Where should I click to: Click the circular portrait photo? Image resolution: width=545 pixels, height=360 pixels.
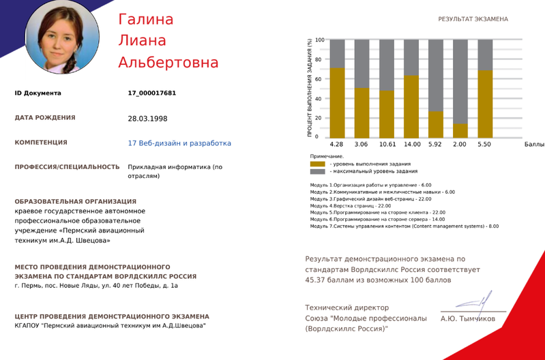pyautogui.click(x=61, y=37)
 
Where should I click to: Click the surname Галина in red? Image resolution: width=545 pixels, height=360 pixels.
pyautogui.click(x=146, y=19)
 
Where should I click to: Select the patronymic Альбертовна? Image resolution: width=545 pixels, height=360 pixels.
pyautogui.click(x=168, y=63)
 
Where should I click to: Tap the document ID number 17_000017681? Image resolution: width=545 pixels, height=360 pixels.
pyautogui.click(x=152, y=93)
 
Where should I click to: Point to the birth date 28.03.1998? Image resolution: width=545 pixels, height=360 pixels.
pyautogui.click(x=147, y=118)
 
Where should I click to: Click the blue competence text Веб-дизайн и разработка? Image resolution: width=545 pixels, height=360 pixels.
pyautogui.click(x=179, y=143)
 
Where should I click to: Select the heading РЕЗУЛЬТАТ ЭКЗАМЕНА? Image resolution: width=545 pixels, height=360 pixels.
pyautogui.click(x=473, y=19)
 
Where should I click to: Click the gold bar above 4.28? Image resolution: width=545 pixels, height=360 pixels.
pyautogui.click(x=337, y=103)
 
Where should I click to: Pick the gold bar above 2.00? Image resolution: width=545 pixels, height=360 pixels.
pyautogui.click(x=460, y=130)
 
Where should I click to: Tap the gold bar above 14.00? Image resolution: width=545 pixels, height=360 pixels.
pyautogui.click(x=411, y=106)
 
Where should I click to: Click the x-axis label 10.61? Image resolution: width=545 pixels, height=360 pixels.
pyautogui.click(x=387, y=145)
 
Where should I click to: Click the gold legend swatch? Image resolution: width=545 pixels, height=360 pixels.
pyautogui.click(x=318, y=164)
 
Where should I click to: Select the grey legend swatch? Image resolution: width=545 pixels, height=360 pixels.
pyautogui.click(x=318, y=171)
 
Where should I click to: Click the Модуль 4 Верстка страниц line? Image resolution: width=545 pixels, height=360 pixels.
pyautogui.click(x=351, y=205)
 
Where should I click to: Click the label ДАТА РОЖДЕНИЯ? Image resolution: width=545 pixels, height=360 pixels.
pyautogui.click(x=45, y=118)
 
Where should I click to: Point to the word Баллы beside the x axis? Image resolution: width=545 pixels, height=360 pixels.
pyautogui.click(x=534, y=145)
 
